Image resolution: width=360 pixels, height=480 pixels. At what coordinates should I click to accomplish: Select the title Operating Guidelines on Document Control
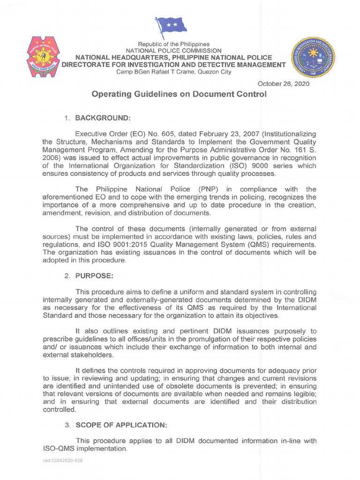pos(179,94)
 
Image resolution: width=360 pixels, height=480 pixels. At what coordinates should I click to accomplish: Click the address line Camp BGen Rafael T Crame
pos(173,72)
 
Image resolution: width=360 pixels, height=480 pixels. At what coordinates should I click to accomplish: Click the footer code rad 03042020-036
pos(63,461)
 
